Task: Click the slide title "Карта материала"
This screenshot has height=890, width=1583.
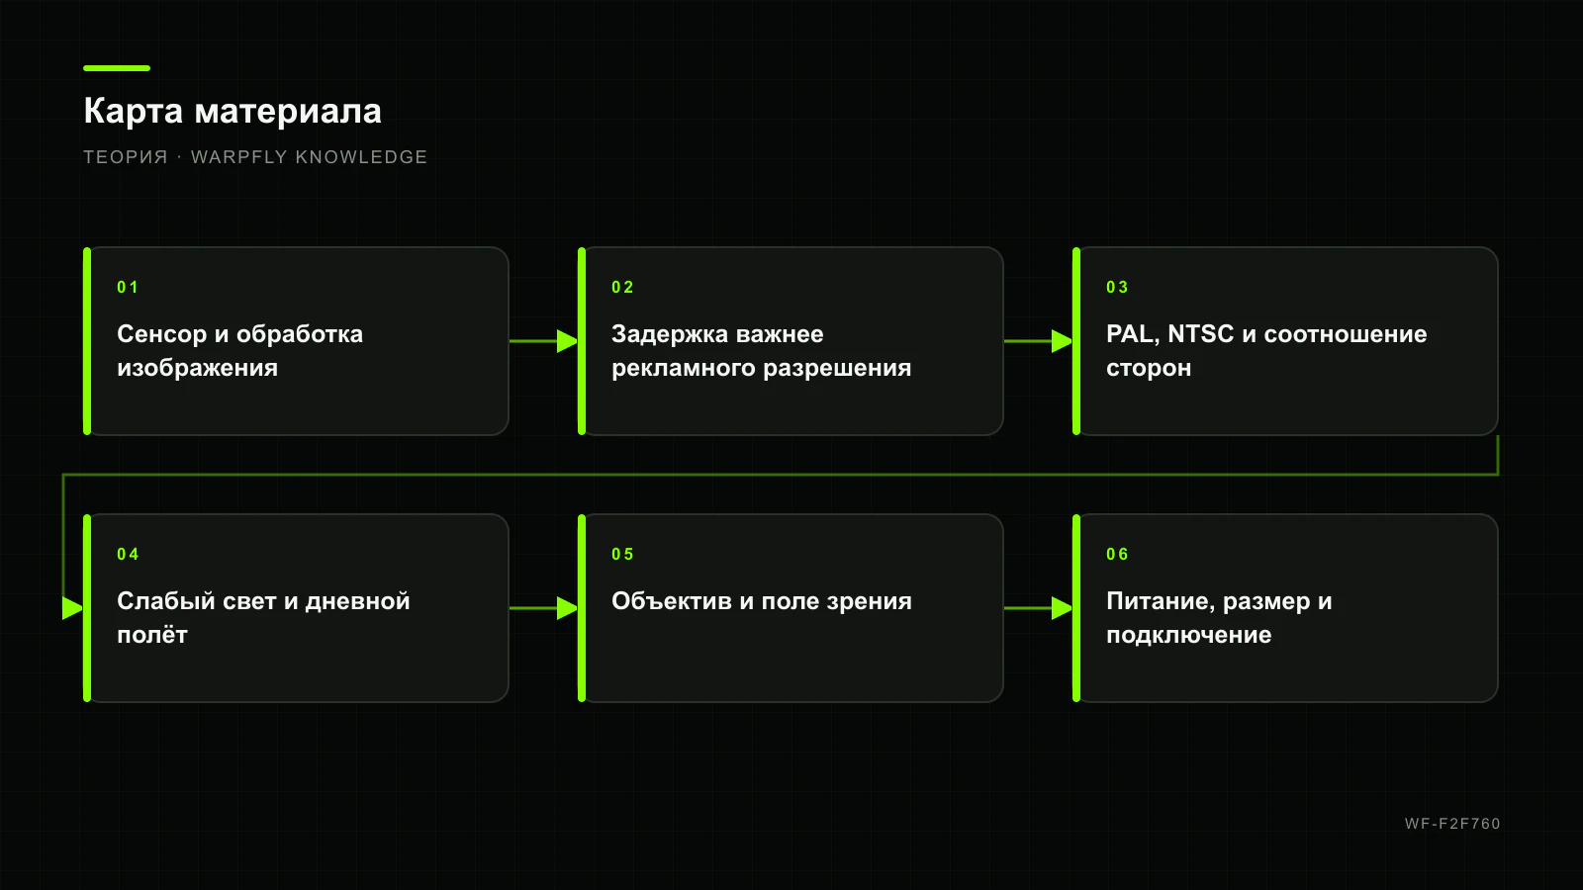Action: [233, 111]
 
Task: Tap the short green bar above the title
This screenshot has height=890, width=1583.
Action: [117, 68]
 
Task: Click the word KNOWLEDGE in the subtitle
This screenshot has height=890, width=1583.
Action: [361, 157]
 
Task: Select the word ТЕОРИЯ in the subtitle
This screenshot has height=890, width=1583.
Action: [126, 157]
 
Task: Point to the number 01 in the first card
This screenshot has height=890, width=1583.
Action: [128, 287]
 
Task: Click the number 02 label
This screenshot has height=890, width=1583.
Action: [622, 287]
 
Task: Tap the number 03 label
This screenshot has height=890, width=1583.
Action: [1117, 287]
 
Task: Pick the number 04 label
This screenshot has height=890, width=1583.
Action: [128, 554]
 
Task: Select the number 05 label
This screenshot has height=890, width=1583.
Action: [622, 554]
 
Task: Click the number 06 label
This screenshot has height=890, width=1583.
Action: [1117, 554]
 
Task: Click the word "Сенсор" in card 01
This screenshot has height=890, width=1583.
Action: [162, 334]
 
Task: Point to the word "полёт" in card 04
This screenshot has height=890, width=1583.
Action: [152, 635]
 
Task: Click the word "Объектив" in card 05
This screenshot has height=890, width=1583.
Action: [672, 601]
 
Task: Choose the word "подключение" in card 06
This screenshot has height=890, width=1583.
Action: [1188, 635]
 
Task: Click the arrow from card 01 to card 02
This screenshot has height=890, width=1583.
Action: [543, 341]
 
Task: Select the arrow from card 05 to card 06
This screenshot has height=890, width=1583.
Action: [1038, 608]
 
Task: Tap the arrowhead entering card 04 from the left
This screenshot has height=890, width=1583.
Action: [72, 608]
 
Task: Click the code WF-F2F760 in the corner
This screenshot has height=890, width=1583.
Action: [1452, 824]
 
